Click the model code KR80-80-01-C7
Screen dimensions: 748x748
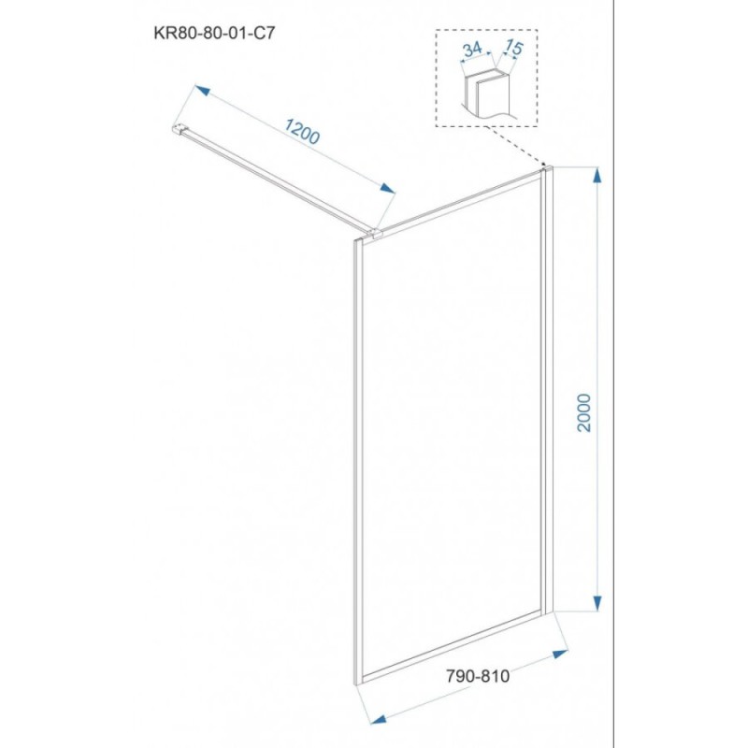214,33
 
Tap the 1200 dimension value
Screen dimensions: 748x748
302,131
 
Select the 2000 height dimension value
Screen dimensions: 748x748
583,412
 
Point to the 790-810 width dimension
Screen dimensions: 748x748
478,676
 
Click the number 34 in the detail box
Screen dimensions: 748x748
472,49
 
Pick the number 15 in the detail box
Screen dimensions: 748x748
513,47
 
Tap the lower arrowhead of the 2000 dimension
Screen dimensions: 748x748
597,603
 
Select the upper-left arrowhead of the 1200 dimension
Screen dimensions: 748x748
202,90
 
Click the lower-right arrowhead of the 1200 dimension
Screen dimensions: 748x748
387,188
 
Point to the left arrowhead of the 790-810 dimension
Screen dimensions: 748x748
379,719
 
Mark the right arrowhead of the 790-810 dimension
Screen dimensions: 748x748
560,654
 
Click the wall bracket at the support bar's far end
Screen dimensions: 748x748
179,130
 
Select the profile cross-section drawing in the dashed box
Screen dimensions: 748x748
487,93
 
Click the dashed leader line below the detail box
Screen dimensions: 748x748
514,145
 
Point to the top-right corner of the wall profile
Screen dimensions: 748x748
553,166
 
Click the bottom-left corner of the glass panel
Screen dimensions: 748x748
355,685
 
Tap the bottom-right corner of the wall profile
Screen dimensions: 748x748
553,611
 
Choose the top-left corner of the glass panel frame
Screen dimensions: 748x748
354,240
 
